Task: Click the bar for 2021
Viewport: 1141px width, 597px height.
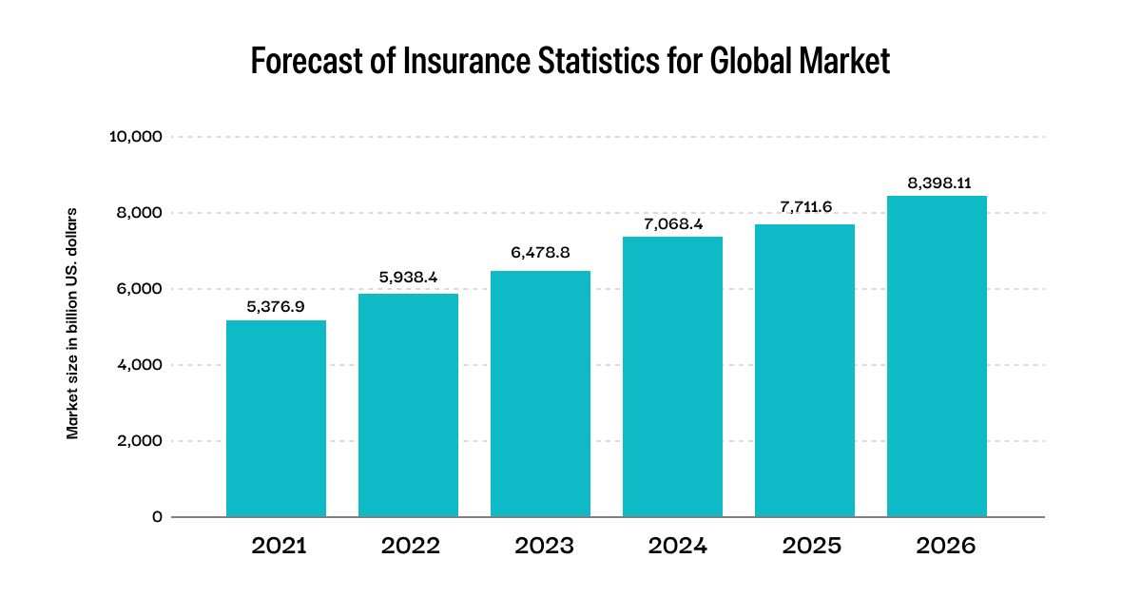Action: tap(276, 418)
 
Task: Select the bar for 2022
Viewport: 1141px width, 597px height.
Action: tap(408, 405)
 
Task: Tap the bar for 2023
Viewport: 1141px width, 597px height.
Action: tap(540, 394)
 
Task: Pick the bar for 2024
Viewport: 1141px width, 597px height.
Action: tap(672, 376)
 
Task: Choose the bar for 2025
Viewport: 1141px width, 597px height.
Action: tap(804, 371)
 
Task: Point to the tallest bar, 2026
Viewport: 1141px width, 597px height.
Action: tap(937, 356)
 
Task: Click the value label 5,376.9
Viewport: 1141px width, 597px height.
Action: tap(276, 306)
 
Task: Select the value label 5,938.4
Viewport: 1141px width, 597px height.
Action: tap(408, 279)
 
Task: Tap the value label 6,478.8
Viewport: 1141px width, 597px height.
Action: tap(540, 256)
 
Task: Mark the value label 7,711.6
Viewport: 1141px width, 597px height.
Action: tap(804, 207)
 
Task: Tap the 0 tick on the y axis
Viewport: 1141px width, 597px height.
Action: tap(157, 517)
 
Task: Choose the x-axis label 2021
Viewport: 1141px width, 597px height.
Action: tap(279, 547)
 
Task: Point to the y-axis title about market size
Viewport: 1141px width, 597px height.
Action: tap(72, 323)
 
